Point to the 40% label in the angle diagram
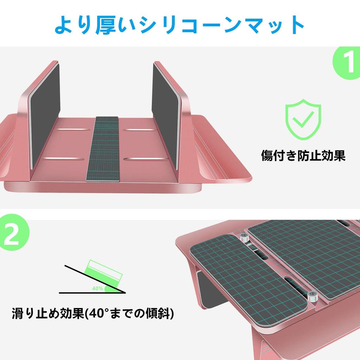point(97,288)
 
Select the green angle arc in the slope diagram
point(112,289)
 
